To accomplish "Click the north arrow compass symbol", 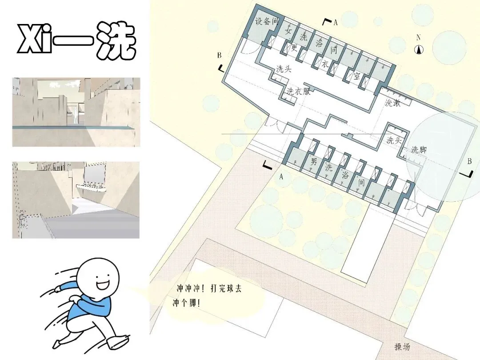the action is [x=419, y=49].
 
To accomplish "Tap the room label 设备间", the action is [x=267, y=21].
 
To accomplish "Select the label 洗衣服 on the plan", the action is [x=299, y=91].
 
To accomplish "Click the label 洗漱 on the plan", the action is [x=393, y=103].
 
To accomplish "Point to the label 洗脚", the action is [x=419, y=149].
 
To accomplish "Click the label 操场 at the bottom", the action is [x=402, y=347].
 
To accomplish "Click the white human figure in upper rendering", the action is [x=74, y=116].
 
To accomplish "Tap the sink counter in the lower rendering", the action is [x=90, y=188].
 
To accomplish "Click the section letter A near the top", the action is [x=336, y=22].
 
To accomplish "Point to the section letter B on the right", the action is [x=469, y=161].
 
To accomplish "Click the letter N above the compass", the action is [x=419, y=37].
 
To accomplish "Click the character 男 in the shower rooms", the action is [x=313, y=161].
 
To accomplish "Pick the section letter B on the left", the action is [x=219, y=56].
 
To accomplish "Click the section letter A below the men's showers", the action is [x=281, y=176].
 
